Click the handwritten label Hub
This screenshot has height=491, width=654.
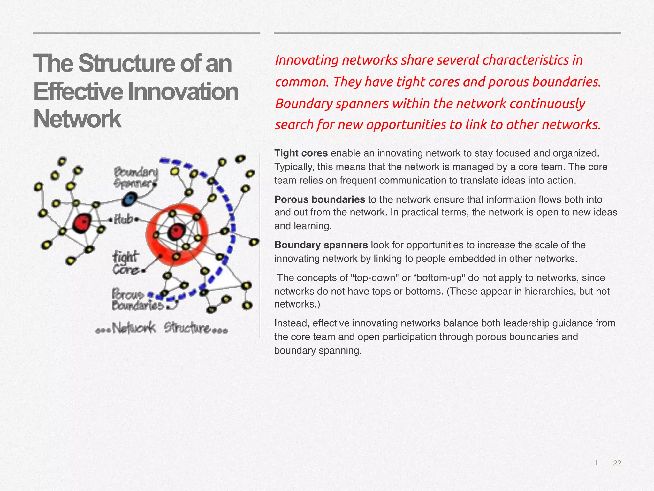click(x=123, y=220)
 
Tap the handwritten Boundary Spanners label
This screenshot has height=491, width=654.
click(x=136, y=178)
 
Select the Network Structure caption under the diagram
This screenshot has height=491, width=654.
click(x=162, y=328)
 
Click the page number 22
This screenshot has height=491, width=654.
click(x=617, y=463)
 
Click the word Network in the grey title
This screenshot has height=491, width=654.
click(x=77, y=119)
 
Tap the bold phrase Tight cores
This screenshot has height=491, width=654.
click(x=301, y=153)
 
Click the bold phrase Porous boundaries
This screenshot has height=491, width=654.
click(x=319, y=199)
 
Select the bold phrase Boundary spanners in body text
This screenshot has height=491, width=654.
click(x=321, y=245)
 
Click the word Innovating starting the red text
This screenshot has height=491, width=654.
click(x=306, y=60)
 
